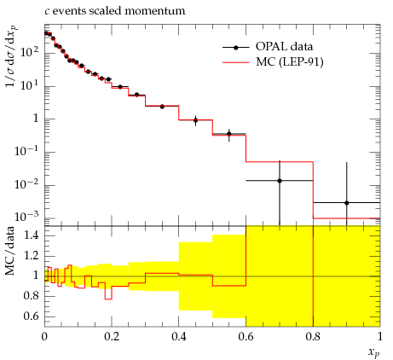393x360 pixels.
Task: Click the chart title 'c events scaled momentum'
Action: (115, 11)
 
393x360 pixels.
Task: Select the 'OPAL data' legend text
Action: (284, 46)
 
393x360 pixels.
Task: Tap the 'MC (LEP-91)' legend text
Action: (290, 61)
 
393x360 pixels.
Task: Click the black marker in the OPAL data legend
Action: (235, 48)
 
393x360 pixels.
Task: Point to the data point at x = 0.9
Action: (346, 203)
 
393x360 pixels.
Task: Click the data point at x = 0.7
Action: (280, 181)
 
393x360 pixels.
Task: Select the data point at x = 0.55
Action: (229, 134)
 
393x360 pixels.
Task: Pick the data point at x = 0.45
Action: (195, 120)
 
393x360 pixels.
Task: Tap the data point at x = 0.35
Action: (162, 107)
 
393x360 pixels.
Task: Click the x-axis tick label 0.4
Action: (179, 337)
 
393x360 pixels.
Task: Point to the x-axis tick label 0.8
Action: (313, 337)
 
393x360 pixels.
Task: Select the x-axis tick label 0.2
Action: (112, 337)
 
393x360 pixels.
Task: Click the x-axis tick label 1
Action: (380, 337)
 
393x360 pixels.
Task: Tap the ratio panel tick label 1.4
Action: (31, 235)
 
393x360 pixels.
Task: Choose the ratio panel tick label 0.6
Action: (31, 316)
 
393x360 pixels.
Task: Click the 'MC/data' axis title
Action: (9, 251)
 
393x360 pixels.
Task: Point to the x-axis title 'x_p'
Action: (374, 352)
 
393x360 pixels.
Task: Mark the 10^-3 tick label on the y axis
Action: (27, 217)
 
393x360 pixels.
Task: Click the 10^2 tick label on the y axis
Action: (30, 51)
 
